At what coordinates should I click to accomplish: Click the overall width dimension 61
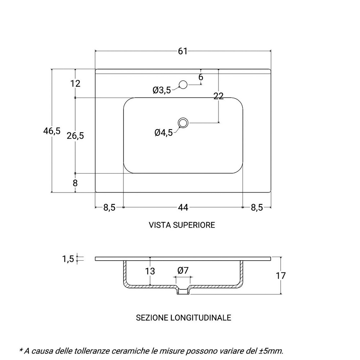click(183, 51)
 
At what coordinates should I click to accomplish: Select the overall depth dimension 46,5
click(52, 131)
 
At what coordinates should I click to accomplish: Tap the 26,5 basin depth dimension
click(75, 136)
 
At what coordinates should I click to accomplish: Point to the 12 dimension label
click(75, 84)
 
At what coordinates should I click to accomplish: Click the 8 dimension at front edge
click(75, 183)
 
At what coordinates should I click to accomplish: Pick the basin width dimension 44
click(183, 208)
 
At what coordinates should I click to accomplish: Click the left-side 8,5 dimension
click(109, 208)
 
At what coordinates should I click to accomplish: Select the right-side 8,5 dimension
click(257, 208)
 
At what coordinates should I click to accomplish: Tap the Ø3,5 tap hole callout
click(162, 90)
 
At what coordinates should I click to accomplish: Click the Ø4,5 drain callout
click(163, 132)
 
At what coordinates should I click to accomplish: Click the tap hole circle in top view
click(183, 85)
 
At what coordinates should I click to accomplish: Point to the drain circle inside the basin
click(183, 123)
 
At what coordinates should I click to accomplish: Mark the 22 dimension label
click(219, 96)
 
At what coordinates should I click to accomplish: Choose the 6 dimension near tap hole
click(201, 77)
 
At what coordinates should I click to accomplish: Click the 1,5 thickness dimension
click(68, 259)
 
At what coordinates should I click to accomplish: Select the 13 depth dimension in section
click(150, 271)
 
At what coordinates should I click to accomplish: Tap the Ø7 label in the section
click(183, 270)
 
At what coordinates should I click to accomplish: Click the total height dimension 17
click(280, 275)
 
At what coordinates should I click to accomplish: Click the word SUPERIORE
click(194, 225)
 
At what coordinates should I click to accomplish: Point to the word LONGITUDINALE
click(201, 318)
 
